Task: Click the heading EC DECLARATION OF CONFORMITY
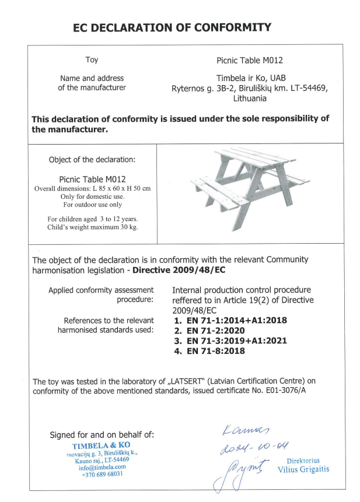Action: [x=172, y=27]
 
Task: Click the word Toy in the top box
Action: [x=92, y=59]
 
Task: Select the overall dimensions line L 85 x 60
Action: [x=92, y=188]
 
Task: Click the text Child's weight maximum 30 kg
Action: [x=92, y=227]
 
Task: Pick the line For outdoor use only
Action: [x=92, y=205]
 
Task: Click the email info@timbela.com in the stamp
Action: [x=102, y=466]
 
